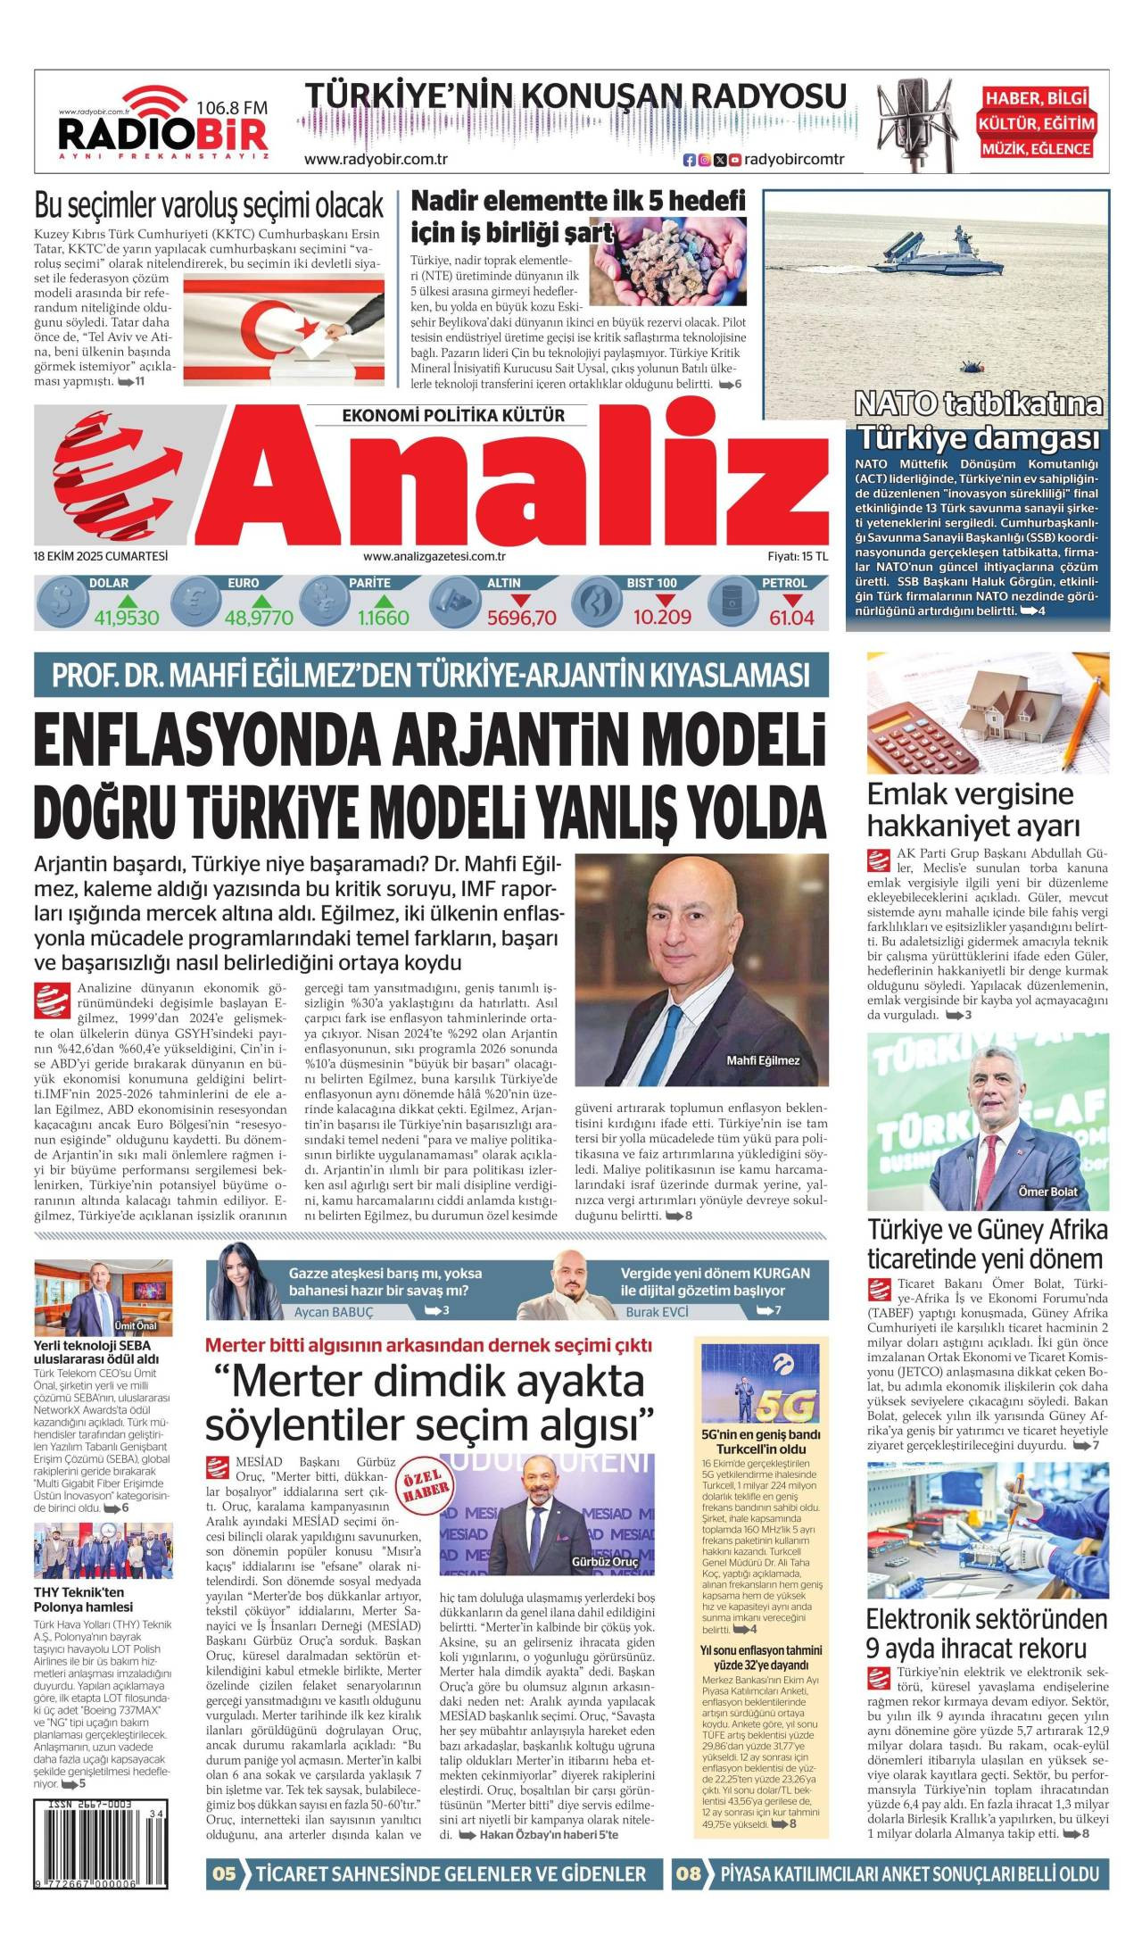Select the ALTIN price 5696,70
point(521,618)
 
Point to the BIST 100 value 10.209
point(662,618)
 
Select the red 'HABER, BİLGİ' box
point(1037,98)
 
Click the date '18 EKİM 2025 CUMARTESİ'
point(101,556)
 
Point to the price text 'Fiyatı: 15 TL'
point(797,556)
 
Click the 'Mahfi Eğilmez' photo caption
point(762,1060)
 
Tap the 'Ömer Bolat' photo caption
point(1047,1192)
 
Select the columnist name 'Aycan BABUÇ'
point(334,1312)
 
